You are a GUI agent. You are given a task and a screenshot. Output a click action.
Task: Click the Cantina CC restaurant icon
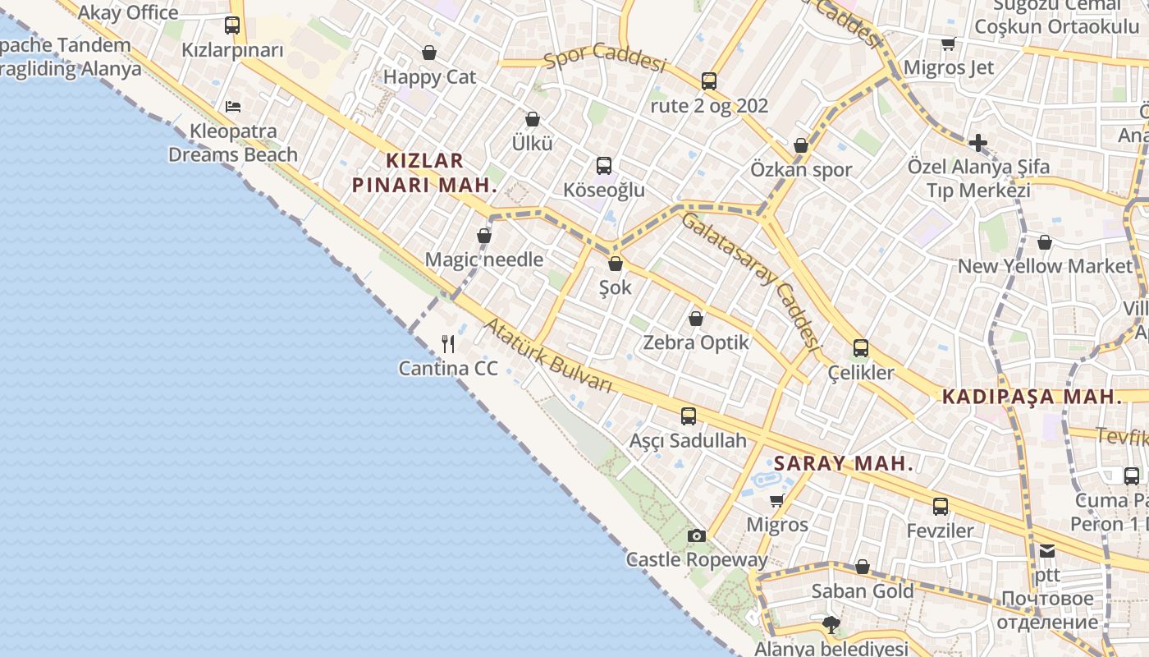(448, 343)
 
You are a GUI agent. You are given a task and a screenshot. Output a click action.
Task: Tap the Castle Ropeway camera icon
(697, 535)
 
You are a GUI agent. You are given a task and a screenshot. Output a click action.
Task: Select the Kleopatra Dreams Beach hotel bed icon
(233, 106)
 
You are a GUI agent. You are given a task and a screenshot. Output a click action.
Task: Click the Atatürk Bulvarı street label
(548, 356)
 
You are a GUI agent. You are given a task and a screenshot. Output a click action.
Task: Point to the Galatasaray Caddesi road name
(751, 279)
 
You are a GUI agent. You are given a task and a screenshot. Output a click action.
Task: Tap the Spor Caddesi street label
(605, 58)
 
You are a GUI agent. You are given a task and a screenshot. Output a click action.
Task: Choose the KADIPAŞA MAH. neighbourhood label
(1032, 397)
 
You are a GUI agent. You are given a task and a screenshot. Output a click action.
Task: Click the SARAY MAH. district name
(844, 463)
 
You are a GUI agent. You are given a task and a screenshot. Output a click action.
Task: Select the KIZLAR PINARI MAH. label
(425, 172)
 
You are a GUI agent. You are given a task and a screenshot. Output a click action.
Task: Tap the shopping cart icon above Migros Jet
(949, 44)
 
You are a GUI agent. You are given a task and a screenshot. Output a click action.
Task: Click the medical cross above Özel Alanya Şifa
(977, 143)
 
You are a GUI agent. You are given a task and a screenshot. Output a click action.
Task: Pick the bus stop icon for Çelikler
(860, 348)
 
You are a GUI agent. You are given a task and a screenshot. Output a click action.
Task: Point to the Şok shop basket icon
(616, 264)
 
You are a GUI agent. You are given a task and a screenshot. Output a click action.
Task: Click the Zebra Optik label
(696, 342)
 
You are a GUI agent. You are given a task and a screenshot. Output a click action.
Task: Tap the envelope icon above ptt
(1047, 551)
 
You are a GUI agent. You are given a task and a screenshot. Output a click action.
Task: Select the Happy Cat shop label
(429, 77)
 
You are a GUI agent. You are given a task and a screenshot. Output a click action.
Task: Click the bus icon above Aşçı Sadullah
(688, 416)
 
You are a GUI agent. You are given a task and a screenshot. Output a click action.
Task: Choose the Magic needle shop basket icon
(484, 236)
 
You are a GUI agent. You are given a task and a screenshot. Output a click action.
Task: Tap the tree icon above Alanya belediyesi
(831, 625)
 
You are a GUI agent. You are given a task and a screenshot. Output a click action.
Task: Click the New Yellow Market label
(1045, 266)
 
